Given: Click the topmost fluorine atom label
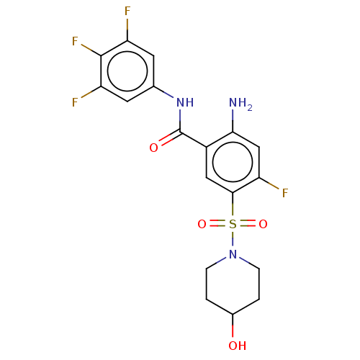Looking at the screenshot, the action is [x=127, y=11].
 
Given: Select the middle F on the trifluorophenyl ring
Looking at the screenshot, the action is [x=75, y=41].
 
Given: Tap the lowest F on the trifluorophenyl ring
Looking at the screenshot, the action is [x=75, y=102].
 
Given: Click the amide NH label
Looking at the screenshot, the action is [x=185, y=102].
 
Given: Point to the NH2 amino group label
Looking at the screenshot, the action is [x=240, y=104].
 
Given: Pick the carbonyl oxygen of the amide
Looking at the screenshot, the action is [x=153, y=148].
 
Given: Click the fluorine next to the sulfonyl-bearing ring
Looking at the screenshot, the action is [x=285, y=193].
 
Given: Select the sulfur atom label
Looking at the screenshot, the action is [x=233, y=224].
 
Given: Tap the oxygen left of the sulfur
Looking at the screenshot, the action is [x=202, y=224].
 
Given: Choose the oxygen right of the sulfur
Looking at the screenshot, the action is [x=263, y=224].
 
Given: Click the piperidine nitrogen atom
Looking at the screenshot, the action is [x=233, y=254].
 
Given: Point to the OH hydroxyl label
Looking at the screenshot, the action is [x=238, y=346].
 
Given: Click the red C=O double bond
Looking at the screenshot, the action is [x=170, y=138].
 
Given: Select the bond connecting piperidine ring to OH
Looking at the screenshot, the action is [x=233, y=325].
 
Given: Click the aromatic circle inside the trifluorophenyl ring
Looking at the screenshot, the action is [x=127, y=51].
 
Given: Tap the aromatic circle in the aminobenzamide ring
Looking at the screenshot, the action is [x=233, y=143].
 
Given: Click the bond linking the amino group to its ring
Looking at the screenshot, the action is [x=233, y=121].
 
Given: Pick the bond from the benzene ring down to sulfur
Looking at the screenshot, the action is [x=233, y=204].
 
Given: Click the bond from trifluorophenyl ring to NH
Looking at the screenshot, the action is [x=163, y=92].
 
